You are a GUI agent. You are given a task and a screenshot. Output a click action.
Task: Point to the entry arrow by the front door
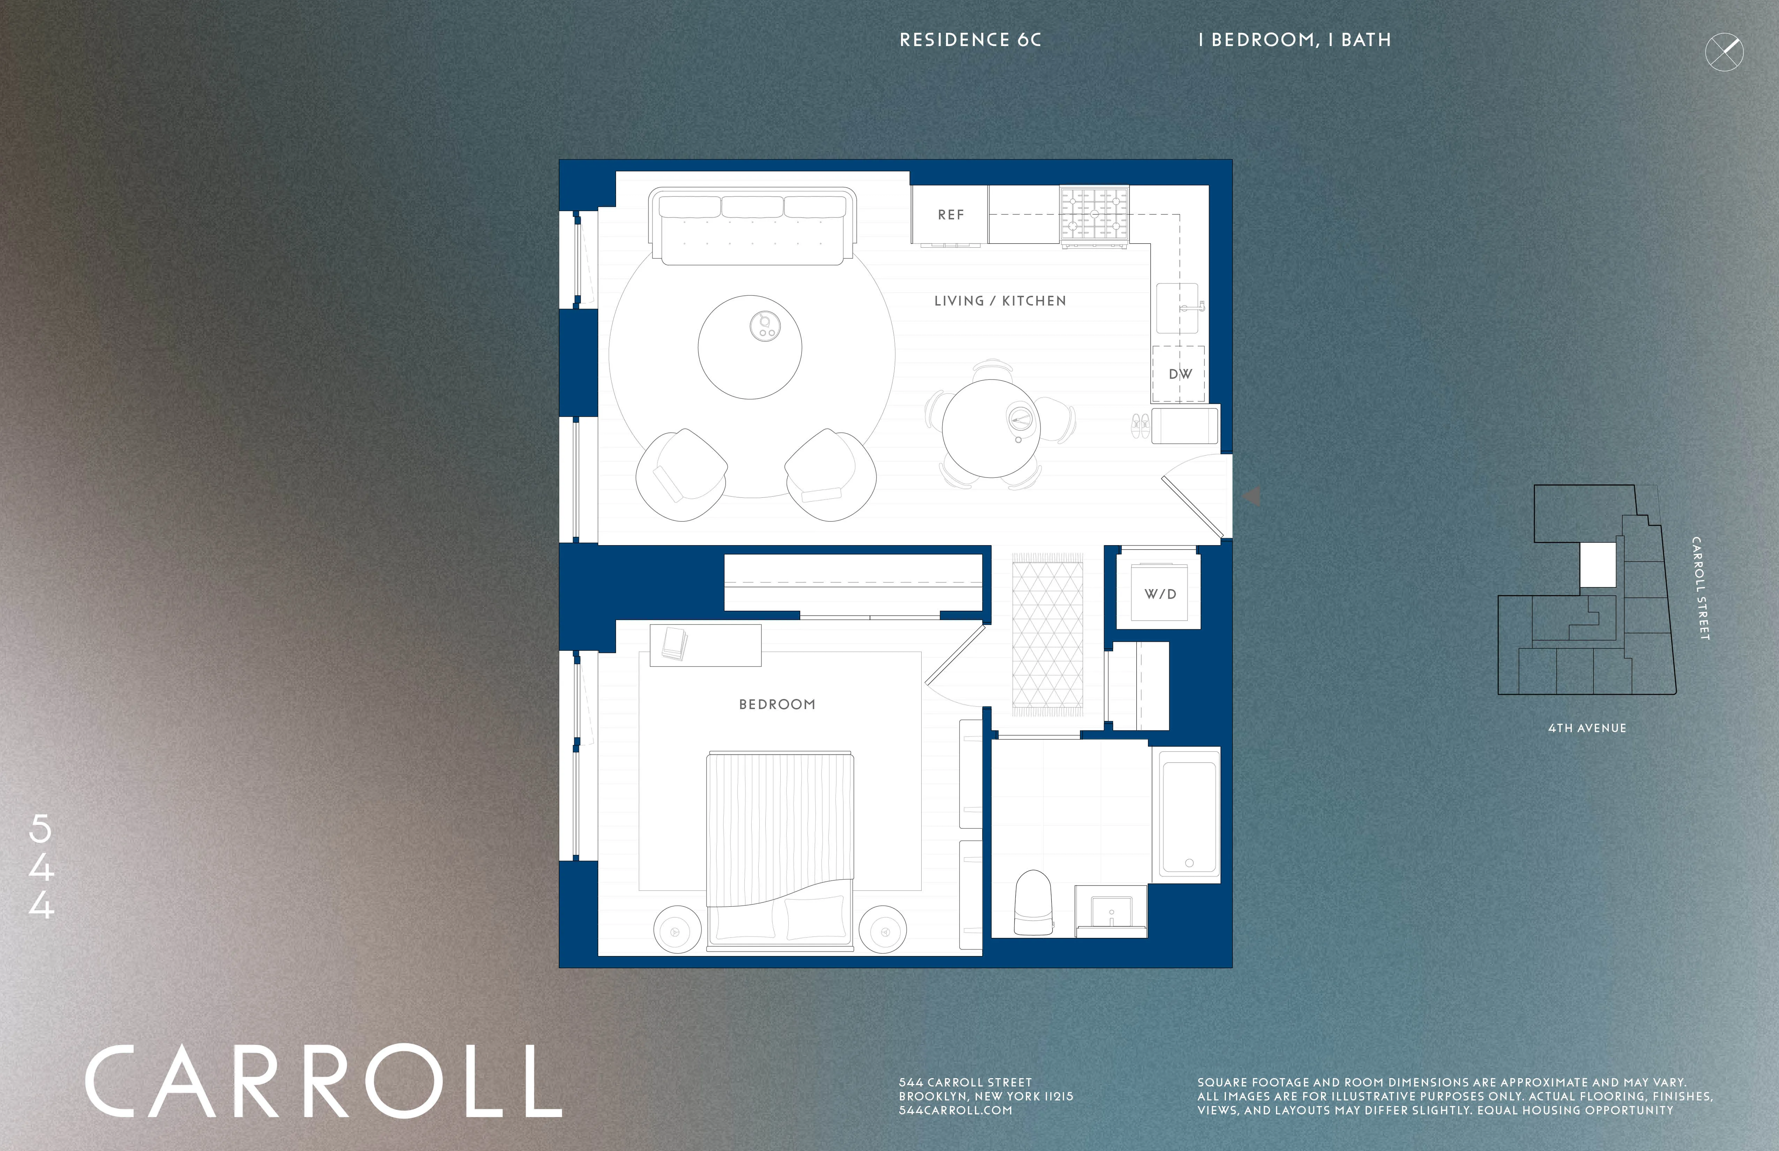(x=1252, y=496)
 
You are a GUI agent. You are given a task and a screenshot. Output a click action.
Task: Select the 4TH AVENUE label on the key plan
(x=1587, y=728)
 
